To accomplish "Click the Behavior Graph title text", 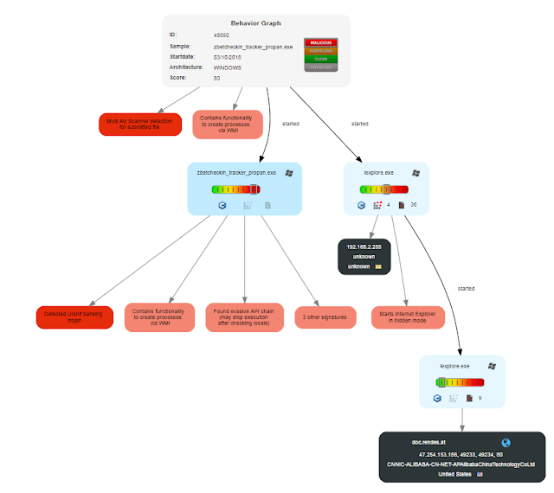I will (x=254, y=22).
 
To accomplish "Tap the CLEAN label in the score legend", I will (x=321, y=58).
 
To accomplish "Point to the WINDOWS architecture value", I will (x=228, y=67).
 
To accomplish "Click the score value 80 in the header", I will (x=216, y=78).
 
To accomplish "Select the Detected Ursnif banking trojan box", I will (x=74, y=317).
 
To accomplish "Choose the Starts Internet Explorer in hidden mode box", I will (x=407, y=317).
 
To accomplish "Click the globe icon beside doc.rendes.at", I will (x=506, y=443).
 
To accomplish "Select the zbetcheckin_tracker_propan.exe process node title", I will (x=236, y=173).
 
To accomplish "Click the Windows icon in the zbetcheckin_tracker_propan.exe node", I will (x=288, y=173).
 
